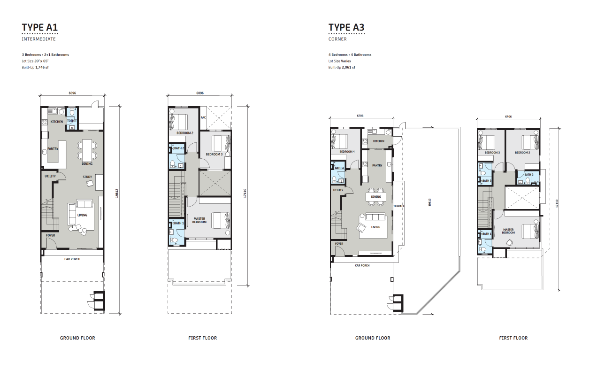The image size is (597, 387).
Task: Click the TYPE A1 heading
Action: (40, 27)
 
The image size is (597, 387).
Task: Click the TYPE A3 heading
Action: (346, 27)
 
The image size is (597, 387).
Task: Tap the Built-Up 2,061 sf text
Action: (342, 68)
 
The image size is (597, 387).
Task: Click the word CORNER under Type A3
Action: (337, 39)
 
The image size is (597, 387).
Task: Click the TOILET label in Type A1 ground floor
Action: (72, 121)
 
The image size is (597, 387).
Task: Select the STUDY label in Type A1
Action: (87, 177)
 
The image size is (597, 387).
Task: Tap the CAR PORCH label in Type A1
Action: (72, 259)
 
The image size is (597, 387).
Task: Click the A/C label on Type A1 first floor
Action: (203, 117)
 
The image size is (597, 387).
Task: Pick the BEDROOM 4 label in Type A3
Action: (347, 152)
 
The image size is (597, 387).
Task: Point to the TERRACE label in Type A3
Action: (399, 206)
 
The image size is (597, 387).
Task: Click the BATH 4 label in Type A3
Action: (339, 168)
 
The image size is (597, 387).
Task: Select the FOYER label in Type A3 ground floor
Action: (339, 244)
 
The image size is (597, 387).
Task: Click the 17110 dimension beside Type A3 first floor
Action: (557, 203)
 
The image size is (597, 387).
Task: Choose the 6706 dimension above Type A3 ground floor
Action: (360, 116)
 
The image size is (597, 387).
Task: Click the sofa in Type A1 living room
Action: (84, 204)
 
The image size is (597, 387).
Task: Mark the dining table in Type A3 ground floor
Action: (376, 197)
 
